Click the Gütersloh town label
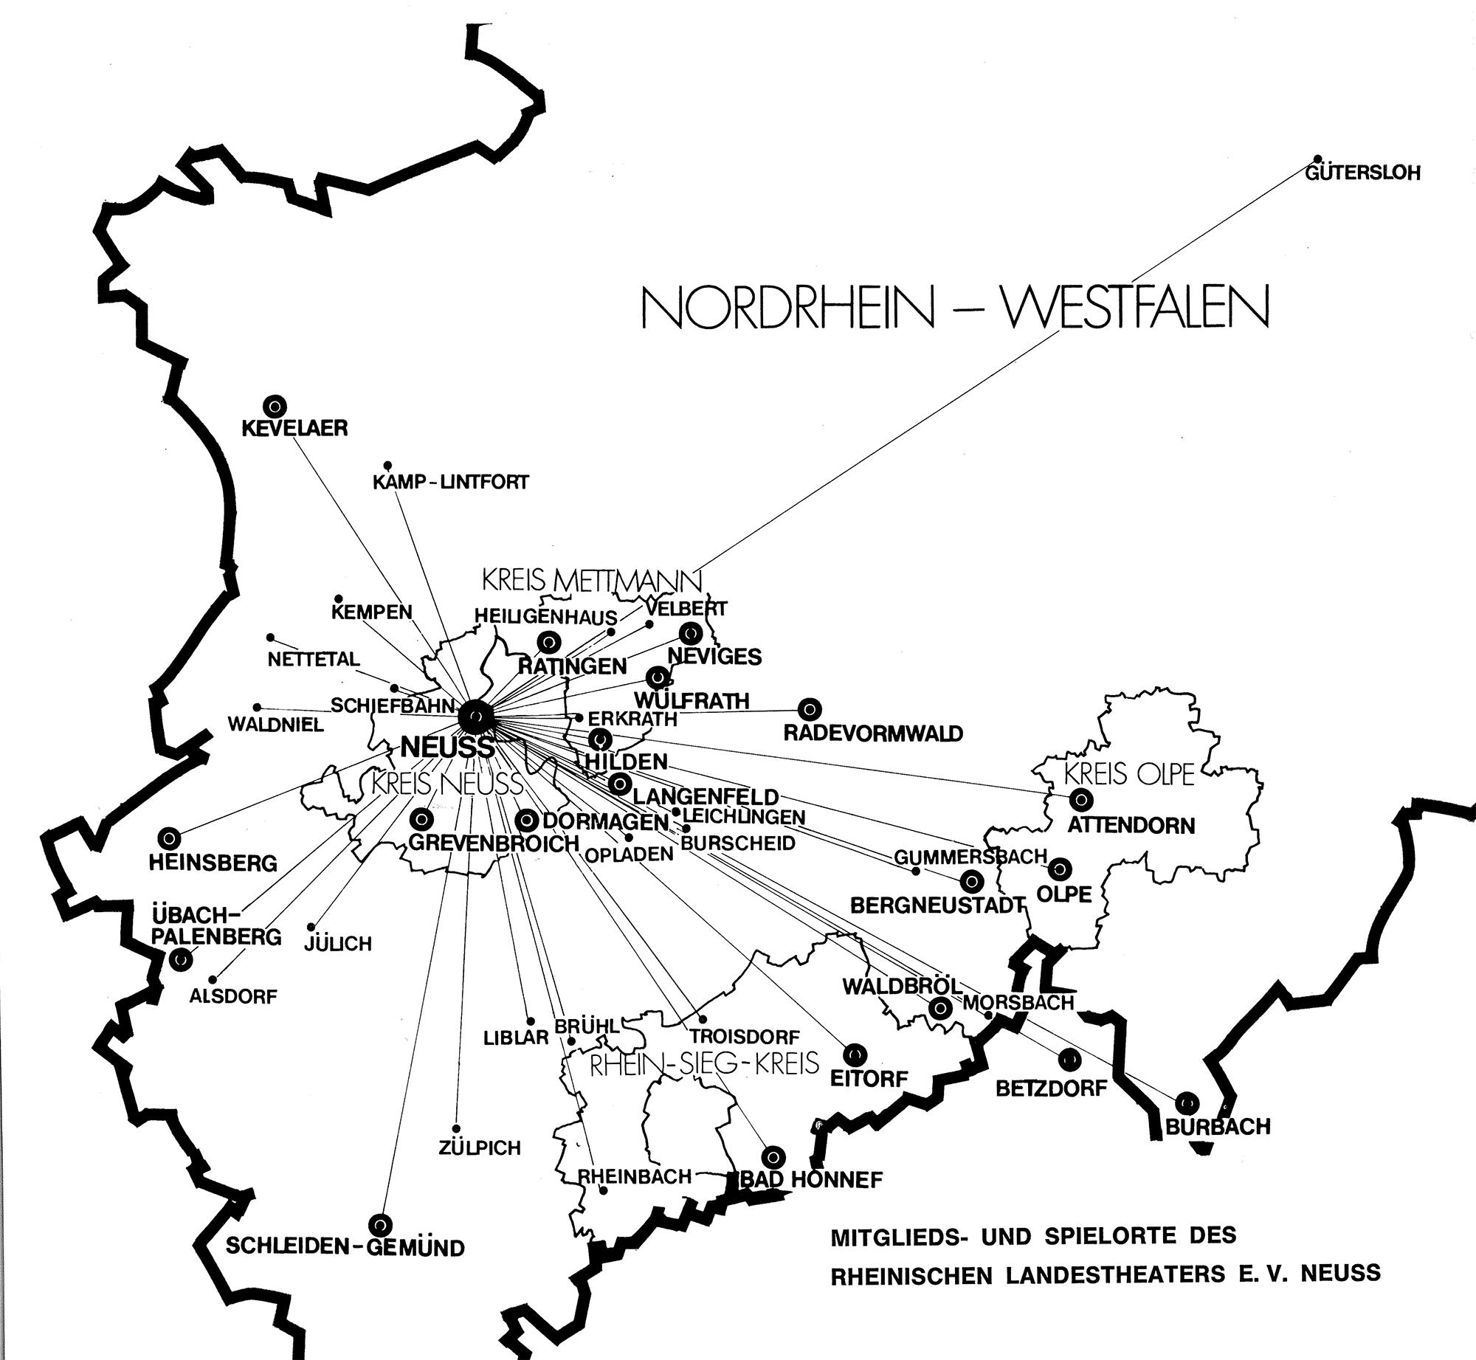pyautogui.click(x=1362, y=174)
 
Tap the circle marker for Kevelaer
pyautogui.click(x=275, y=405)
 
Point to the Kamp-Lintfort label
pyautogui.click(x=450, y=482)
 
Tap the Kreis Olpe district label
pyautogui.click(x=1129, y=775)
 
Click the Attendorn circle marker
pyautogui.click(x=1081, y=798)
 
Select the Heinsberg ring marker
pyautogui.click(x=169, y=838)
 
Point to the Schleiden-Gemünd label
pyautogui.click(x=345, y=1247)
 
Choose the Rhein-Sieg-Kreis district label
pyautogui.click(x=704, y=1063)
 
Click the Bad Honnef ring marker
pyautogui.click(x=773, y=1156)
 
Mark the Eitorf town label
pyautogui.click(x=869, y=1078)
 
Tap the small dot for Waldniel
pyautogui.click(x=257, y=707)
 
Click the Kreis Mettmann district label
pyautogui.click(x=592, y=581)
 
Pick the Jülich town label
pyautogui.click(x=338, y=944)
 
